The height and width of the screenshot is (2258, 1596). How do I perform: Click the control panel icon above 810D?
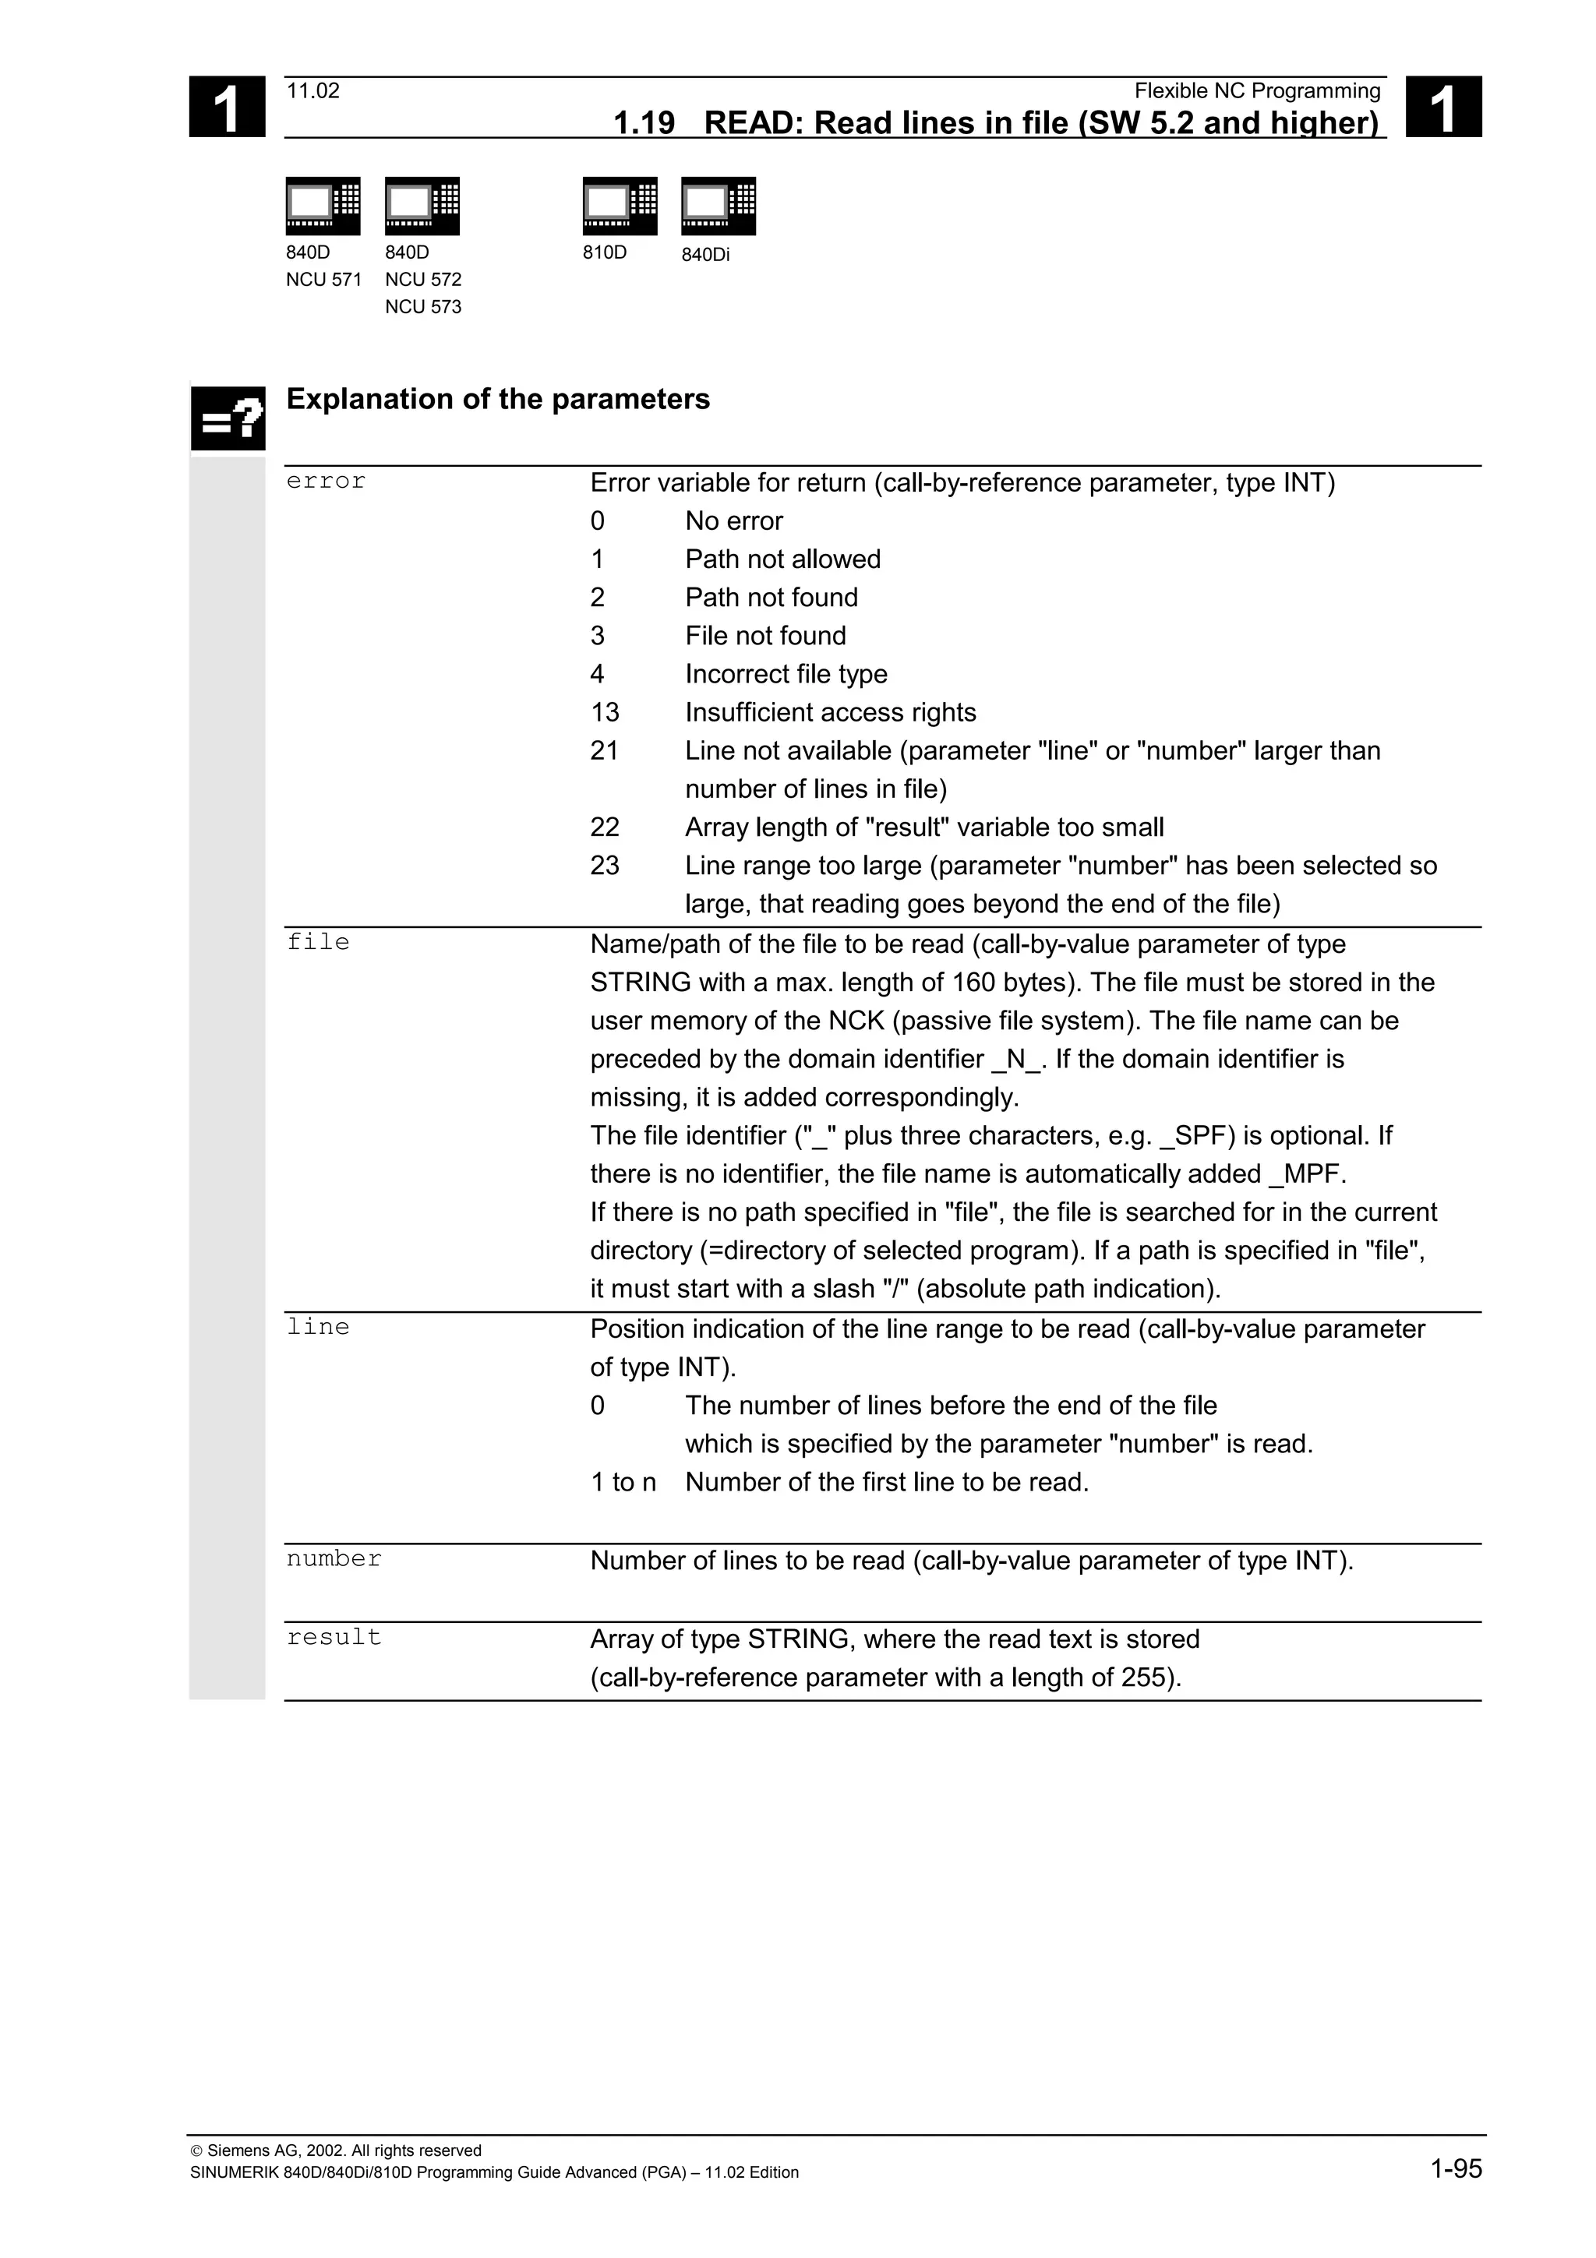[620, 206]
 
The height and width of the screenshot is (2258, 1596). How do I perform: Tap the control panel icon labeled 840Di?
[718, 206]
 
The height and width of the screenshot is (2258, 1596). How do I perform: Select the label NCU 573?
[423, 307]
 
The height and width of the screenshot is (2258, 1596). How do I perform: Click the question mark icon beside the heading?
[228, 419]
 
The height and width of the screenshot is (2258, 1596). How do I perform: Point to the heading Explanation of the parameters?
[498, 399]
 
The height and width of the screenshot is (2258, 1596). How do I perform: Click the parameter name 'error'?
[326, 481]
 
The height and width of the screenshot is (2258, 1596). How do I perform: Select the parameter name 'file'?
[318, 942]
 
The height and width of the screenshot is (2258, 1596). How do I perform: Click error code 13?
[604, 712]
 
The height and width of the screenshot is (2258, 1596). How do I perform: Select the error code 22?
[604, 827]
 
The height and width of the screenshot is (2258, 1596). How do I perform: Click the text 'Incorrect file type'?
[786, 674]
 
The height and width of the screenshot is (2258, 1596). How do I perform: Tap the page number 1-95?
[1456, 2168]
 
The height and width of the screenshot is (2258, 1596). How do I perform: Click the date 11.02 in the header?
[312, 91]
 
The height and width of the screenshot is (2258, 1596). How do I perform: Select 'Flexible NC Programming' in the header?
[1257, 91]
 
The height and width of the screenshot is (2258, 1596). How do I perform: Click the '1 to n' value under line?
[623, 1482]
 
